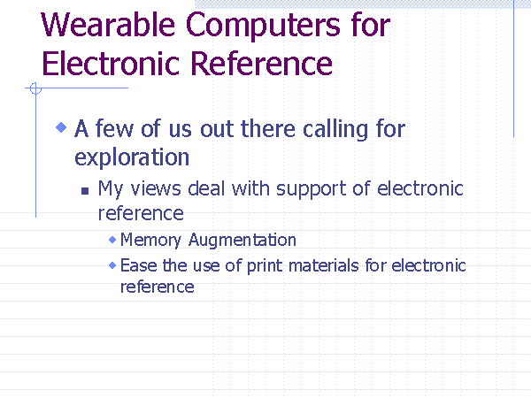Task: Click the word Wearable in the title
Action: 108,25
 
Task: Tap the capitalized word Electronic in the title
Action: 111,64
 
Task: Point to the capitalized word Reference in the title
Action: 261,64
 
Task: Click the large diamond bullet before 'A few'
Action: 61,127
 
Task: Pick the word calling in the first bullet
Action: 335,130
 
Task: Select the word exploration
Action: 132,157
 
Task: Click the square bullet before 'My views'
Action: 85,191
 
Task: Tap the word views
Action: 156,188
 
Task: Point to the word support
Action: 312,189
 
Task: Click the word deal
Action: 206,188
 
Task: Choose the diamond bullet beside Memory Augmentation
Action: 112,240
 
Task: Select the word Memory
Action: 150,241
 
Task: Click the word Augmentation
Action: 242,241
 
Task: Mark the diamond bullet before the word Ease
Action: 112,265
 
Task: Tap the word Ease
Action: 139,265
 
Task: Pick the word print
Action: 265,266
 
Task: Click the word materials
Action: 323,265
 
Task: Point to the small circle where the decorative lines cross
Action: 35,88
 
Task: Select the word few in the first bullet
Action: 114,128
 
